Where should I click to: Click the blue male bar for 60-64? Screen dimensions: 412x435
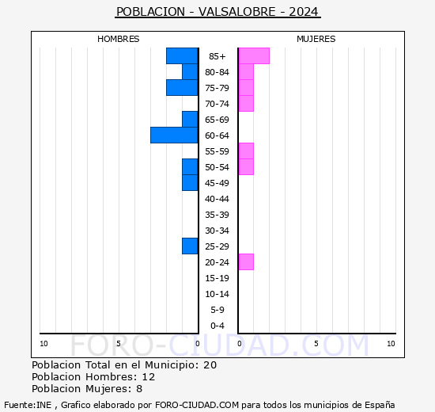(174, 135)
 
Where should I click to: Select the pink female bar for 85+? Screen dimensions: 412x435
(254, 55)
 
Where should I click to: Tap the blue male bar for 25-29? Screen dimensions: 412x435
(190, 246)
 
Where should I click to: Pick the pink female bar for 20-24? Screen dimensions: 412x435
(246, 261)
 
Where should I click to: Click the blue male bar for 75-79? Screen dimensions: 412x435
(182, 87)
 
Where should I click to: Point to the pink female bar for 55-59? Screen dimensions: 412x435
(246, 151)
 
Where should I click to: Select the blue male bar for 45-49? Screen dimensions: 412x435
(190, 182)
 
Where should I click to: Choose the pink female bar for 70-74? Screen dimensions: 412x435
(246, 103)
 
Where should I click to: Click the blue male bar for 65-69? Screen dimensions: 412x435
(190, 119)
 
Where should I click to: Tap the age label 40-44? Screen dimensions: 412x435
(217, 199)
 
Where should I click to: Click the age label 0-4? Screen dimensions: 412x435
(217, 326)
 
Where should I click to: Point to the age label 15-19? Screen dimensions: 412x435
(217, 278)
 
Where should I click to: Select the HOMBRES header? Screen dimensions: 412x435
(119, 39)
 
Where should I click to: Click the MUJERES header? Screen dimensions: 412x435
(316, 39)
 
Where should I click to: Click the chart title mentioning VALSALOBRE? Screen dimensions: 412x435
(217, 12)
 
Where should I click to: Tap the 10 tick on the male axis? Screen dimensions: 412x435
(43, 343)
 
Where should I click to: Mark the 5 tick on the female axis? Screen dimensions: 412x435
(316, 343)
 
